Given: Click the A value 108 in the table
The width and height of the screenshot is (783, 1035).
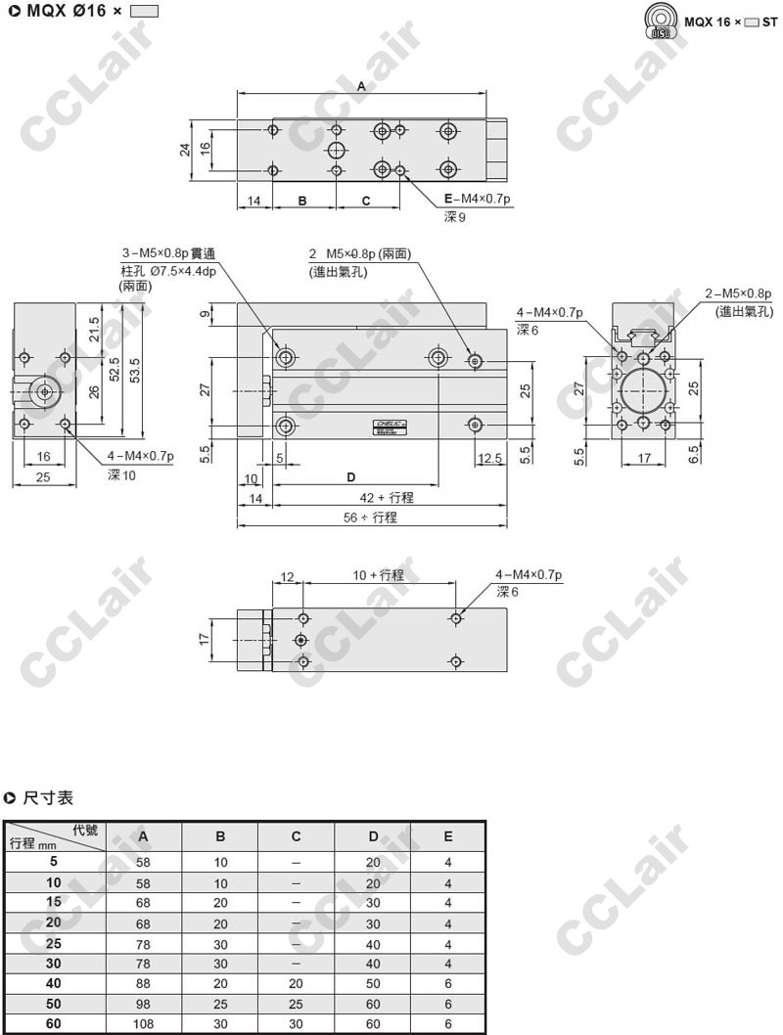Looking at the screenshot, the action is click(143, 1024).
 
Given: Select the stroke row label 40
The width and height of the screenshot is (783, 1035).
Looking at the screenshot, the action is click(54, 983).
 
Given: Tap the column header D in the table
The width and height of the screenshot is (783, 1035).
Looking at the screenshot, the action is click(373, 836).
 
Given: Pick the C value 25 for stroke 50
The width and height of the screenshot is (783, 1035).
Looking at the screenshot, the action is click(296, 1004).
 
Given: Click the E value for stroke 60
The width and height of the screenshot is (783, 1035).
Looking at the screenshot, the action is click(448, 1024).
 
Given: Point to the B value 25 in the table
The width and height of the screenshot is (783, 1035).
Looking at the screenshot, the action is click(220, 1004).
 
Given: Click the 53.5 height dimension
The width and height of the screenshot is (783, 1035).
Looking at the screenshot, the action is click(135, 371).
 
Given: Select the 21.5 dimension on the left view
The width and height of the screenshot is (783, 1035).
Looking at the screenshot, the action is click(94, 330).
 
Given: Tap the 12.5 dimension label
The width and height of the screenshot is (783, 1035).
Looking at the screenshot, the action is click(490, 458).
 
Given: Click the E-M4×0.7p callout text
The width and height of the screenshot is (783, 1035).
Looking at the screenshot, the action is click(478, 199).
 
